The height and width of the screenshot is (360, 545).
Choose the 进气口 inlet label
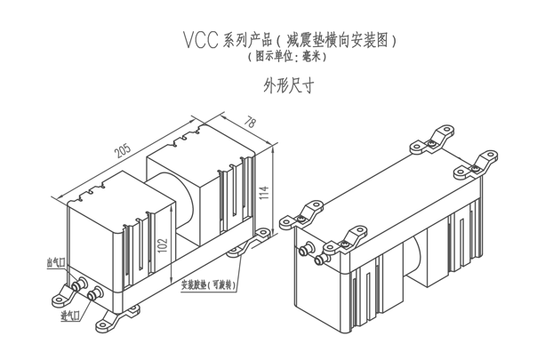pos(70,316)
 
